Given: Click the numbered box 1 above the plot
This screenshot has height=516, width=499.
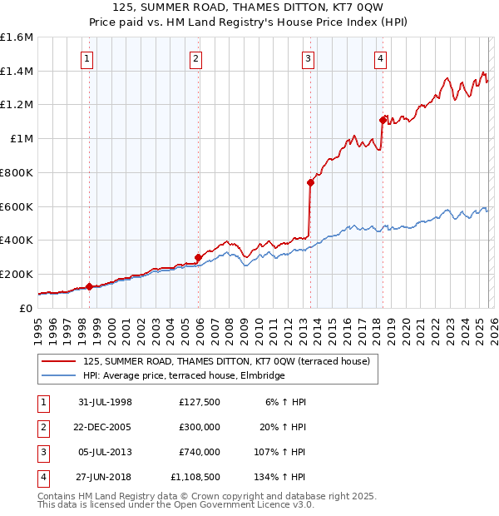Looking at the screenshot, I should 87,59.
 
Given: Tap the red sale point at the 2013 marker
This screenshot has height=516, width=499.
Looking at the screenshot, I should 310,182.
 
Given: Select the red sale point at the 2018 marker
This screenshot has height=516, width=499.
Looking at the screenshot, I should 383,120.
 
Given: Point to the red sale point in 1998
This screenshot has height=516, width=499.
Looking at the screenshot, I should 89,286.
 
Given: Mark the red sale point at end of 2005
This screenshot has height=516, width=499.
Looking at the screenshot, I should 198,257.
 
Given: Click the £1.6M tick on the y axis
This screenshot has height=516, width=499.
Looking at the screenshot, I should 17,37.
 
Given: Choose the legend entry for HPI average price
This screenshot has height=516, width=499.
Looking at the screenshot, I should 184,375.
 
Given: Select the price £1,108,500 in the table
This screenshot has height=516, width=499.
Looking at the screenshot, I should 199,478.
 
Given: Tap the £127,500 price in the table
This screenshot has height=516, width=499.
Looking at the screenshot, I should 199,402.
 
